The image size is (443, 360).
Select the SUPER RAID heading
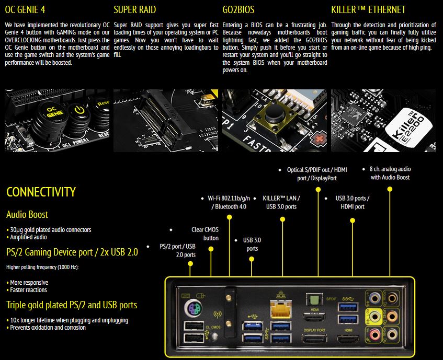click(134, 9)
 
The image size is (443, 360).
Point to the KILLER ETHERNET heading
click(368, 9)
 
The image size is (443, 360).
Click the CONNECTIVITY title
click(41, 192)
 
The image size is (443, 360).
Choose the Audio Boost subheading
click(27, 214)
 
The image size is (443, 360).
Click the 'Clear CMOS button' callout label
click(205, 234)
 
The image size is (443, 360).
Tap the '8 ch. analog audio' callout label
click(390, 173)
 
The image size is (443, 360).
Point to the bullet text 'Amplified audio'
click(30, 237)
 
